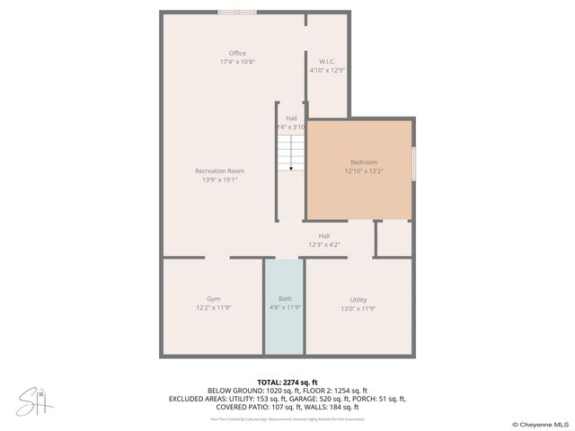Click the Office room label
(237, 53)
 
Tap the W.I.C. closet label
(327, 61)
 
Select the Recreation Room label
(220, 171)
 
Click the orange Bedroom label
(363, 162)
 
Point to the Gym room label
(213, 299)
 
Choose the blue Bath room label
(285, 299)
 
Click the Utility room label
(358, 299)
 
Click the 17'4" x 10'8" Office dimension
(237, 62)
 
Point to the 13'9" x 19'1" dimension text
(220, 180)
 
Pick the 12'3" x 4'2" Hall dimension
(324, 244)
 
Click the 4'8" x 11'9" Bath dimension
(285, 307)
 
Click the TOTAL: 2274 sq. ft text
(287, 383)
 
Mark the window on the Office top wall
(237, 13)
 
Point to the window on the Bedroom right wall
(413, 165)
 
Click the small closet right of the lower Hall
(393, 238)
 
